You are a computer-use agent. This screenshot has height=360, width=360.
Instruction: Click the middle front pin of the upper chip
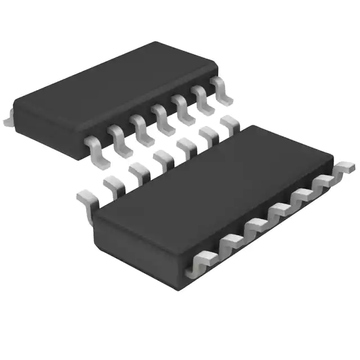pos(162,116)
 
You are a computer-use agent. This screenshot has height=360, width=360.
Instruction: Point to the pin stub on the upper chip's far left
pos(7,119)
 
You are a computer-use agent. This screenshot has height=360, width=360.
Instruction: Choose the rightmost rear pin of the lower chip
pos(228,122)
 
